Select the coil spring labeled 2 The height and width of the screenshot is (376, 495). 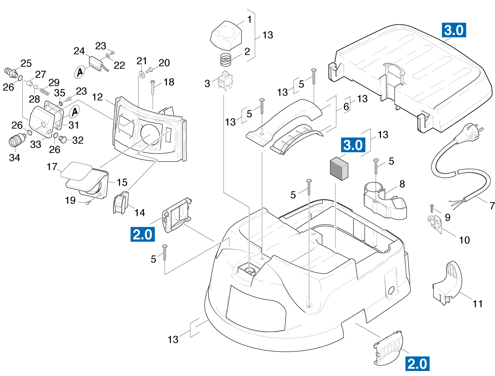226,60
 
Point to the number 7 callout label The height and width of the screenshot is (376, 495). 492,206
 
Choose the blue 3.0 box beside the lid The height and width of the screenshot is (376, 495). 454,30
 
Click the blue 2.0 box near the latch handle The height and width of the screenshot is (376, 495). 143,234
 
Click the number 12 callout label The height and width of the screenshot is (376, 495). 97,97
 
